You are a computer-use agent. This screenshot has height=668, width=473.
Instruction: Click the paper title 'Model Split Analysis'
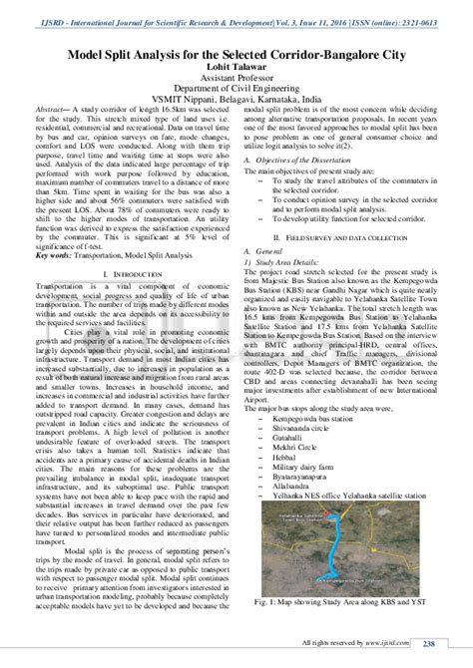236,58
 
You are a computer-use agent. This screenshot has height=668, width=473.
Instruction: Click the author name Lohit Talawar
236,72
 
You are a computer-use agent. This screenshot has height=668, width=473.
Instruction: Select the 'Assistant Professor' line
236,84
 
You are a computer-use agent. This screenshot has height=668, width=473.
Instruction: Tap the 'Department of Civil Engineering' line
236,96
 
